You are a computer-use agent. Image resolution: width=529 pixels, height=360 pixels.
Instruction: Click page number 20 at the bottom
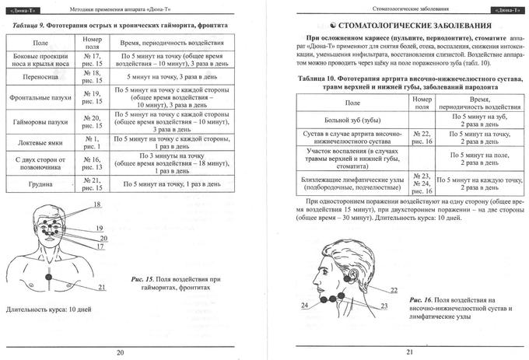click(x=120, y=351)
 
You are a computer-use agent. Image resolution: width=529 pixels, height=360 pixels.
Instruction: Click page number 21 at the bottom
click(x=409, y=351)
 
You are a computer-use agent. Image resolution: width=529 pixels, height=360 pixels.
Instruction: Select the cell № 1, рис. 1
click(x=92, y=142)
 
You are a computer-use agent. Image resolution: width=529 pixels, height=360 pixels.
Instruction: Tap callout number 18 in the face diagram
click(x=98, y=205)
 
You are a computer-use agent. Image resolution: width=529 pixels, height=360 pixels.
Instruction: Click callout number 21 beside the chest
click(x=101, y=287)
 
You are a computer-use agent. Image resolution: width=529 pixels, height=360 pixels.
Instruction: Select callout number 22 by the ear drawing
click(x=394, y=290)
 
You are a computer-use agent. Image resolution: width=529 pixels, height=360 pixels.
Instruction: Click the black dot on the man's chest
click(x=50, y=278)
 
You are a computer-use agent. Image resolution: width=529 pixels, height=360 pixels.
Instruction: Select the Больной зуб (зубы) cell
click(x=352, y=120)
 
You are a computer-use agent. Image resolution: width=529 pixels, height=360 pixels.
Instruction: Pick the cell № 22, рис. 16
click(x=422, y=138)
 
